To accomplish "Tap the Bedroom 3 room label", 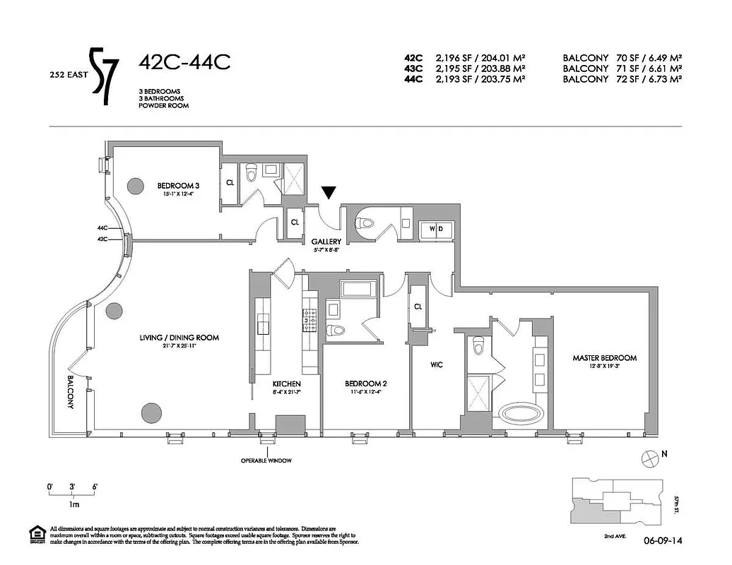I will [175, 186].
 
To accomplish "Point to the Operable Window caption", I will [266, 460].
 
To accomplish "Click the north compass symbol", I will [648, 458].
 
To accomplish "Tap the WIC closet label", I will [436, 365].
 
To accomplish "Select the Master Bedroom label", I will [604, 358].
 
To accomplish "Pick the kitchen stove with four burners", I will [309, 320].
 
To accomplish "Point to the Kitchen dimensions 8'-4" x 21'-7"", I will [288, 392].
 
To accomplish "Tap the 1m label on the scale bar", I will [73, 505].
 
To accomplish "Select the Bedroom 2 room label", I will [366, 383].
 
